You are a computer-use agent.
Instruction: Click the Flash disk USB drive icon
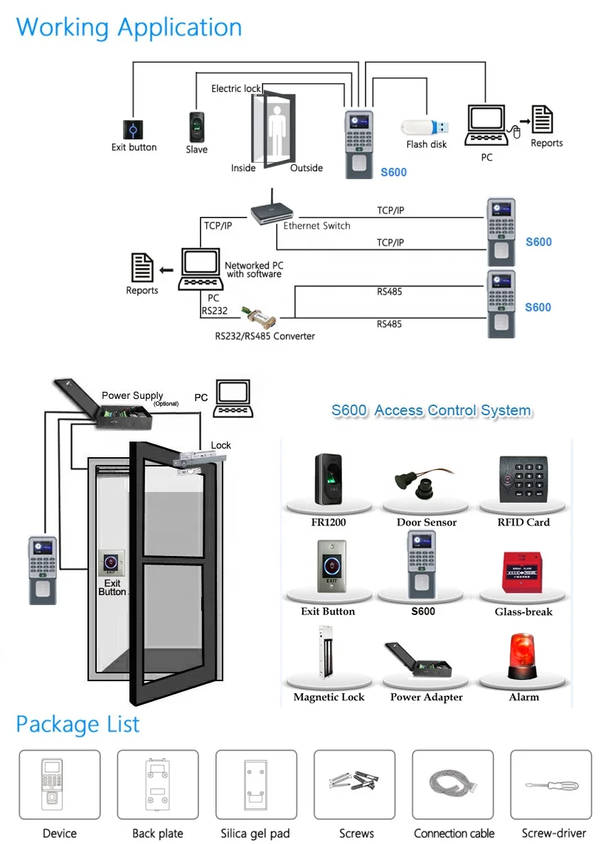tap(425, 127)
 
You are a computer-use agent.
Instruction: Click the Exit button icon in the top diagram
tap(133, 129)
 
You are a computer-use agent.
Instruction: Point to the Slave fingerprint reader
tap(197, 127)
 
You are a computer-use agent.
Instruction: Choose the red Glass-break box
tap(523, 572)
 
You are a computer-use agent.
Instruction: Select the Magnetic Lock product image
tap(327, 658)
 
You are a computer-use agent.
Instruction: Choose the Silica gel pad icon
tap(255, 785)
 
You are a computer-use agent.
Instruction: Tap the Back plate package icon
tap(157, 785)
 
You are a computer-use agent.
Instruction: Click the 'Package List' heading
tap(78, 724)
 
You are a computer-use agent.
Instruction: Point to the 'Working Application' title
tap(129, 27)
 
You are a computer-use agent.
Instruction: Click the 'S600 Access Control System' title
tap(431, 410)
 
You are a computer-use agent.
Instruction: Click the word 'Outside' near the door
tap(306, 169)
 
